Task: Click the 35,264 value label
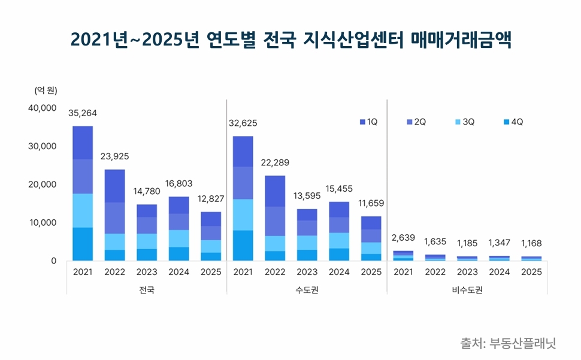(83, 113)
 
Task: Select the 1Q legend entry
(368, 122)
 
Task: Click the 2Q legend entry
(416, 122)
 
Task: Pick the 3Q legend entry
(465, 122)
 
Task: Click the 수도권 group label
(307, 290)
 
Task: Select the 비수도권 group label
(467, 290)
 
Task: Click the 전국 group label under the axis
(146, 290)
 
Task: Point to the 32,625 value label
(243, 123)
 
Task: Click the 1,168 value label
(532, 244)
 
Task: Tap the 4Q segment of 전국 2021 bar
(83, 244)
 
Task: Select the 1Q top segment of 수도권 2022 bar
(275, 190)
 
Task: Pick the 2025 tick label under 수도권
(371, 272)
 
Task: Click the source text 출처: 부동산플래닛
(508, 343)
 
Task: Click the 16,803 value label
(178, 184)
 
